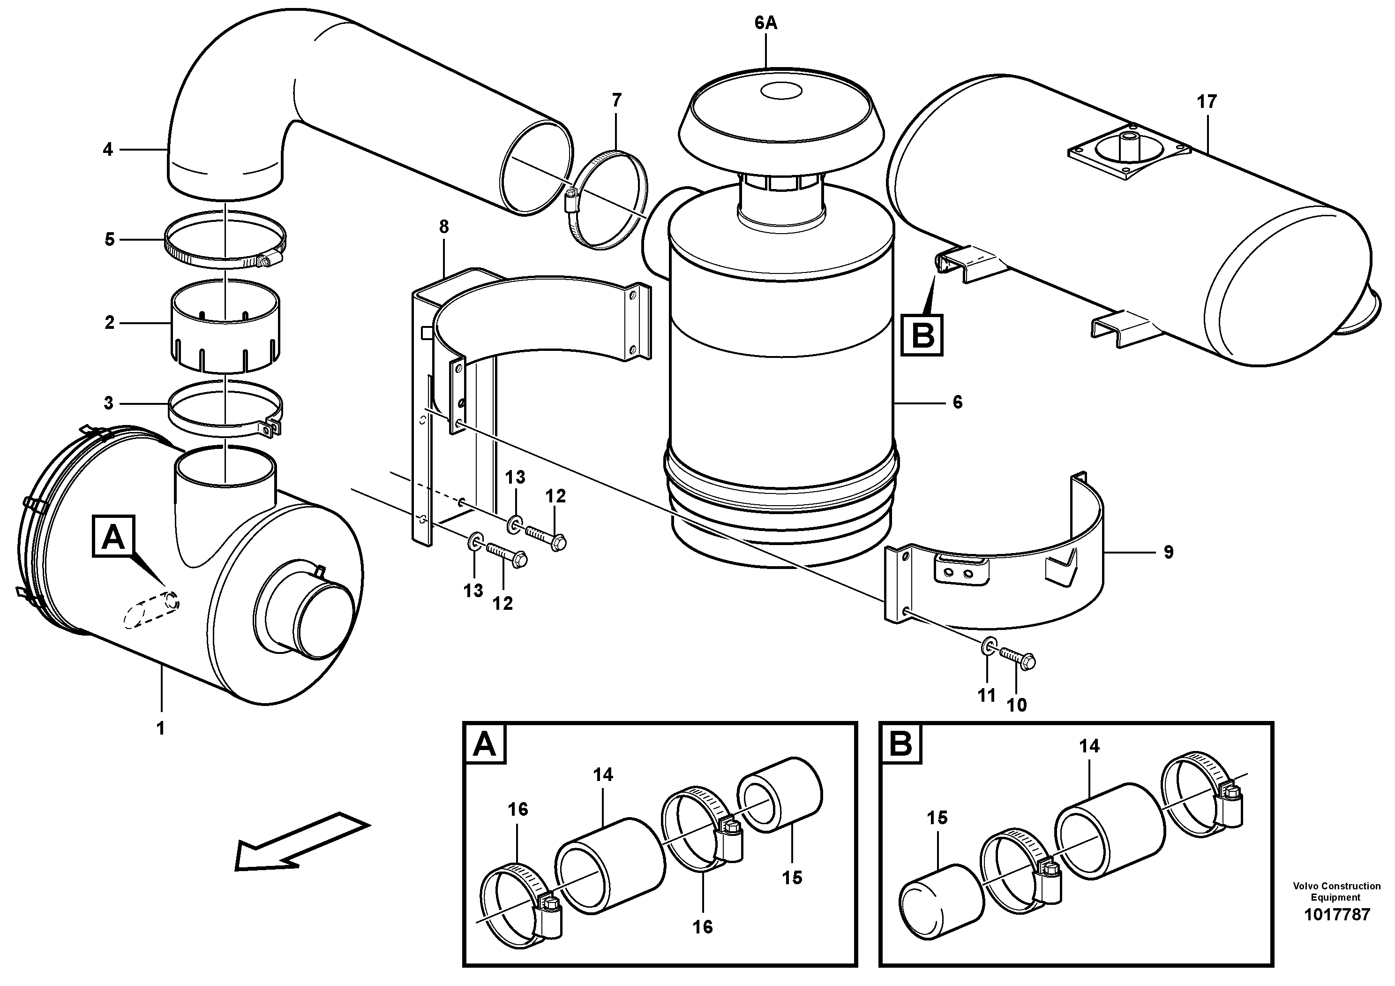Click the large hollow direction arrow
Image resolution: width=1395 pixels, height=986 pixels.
point(301,842)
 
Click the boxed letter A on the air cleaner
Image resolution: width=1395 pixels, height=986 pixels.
point(113,537)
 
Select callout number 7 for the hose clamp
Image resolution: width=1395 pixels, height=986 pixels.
point(617,100)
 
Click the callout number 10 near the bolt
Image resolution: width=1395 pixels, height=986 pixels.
point(1016,705)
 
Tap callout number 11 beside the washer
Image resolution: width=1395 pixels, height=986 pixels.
point(986,695)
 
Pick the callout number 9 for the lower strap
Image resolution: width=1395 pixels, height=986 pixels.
point(1168,552)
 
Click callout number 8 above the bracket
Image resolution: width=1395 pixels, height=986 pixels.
point(443,227)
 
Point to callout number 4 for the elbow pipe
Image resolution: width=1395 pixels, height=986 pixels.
point(108,149)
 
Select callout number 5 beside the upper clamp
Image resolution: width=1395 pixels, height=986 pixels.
point(109,239)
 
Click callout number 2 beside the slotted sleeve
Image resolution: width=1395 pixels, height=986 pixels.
point(109,322)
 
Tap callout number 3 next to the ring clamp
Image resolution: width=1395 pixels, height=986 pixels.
point(109,402)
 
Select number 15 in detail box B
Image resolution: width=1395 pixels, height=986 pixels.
point(937,818)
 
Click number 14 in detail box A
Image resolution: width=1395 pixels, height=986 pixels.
point(603,774)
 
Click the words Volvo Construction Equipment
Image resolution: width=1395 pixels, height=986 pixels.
point(1335,892)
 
